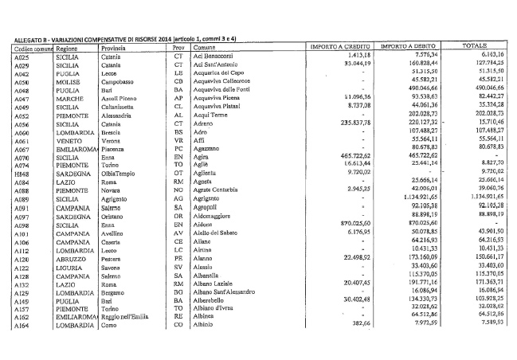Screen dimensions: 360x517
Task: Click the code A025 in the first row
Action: pos(23,56)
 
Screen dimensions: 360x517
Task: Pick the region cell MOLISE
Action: pos(66,81)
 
